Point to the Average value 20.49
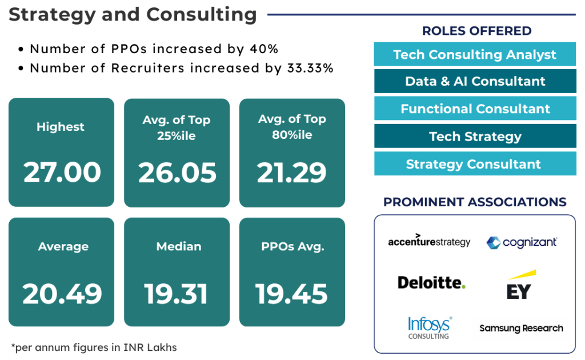pos(62,294)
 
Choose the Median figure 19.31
pos(177,294)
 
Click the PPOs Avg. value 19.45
pos(292,294)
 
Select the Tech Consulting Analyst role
pos(475,54)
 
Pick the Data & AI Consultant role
pos(475,81)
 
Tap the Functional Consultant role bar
pos(475,109)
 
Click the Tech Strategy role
pos(475,137)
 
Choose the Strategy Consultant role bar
pos(475,164)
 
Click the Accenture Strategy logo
pos(429,241)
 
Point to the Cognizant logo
pos(522,242)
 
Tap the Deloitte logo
pos(431,282)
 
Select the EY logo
pos(519,285)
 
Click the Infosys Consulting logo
pos(429,327)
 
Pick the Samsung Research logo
pos(521,328)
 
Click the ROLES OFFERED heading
pos(477,31)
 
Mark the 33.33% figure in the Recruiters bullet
pos(308,68)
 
